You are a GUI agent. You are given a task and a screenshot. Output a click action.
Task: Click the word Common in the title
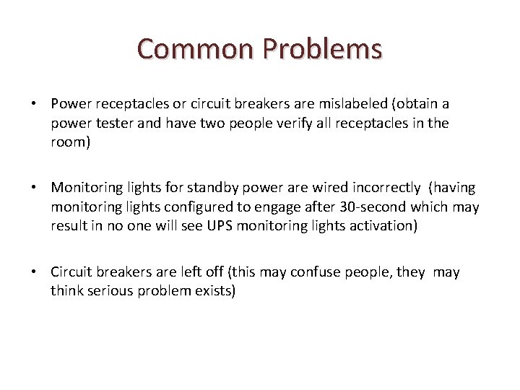point(196,49)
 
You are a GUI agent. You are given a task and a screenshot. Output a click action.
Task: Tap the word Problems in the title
point(322,49)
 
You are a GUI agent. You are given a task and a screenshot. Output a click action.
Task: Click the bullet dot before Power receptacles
point(33,105)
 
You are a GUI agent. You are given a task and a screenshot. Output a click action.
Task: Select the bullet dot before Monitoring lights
point(33,188)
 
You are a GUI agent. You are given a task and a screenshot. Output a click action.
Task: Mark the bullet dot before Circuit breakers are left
point(33,273)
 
